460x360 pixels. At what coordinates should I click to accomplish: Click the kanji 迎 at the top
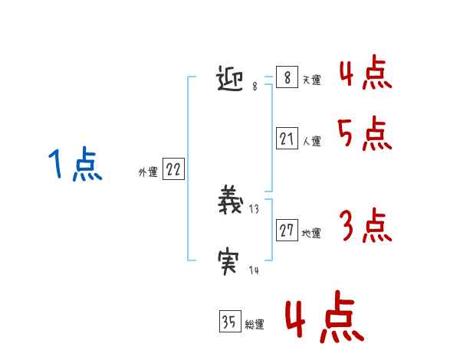[x=232, y=79]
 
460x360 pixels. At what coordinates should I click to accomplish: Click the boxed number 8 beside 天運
[x=287, y=78]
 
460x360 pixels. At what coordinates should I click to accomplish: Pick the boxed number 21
[x=287, y=139]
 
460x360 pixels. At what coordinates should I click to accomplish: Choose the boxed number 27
[x=287, y=230]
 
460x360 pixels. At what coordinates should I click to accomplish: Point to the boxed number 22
[x=173, y=170]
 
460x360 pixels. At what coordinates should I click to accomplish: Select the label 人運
[x=311, y=142]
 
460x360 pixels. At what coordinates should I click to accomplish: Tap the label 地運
[x=311, y=233]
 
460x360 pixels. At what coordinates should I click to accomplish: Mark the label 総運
[x=255, y=325]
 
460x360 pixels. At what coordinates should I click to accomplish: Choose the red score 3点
[x=365, y=227]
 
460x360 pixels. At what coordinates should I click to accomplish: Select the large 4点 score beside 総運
[x=323, y=320]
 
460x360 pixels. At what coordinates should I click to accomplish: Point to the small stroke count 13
[x=255, y=209]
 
